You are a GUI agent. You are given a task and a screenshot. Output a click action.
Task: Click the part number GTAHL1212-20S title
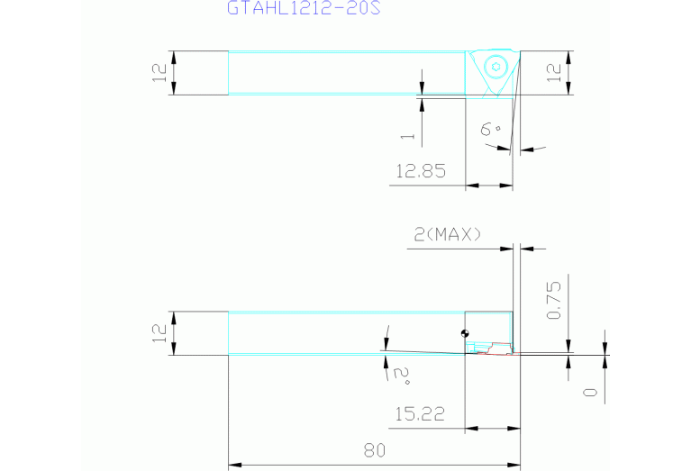pyautogui.click(x=304, y=7)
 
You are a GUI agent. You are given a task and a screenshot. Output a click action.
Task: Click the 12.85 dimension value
pyautogui.click(x=421, y=171)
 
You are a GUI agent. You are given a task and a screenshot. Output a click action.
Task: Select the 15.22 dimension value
pyautogui.click(x=420, y=413)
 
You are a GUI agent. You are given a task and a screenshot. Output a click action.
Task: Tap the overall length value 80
pyautogui.click(x=375, y=450)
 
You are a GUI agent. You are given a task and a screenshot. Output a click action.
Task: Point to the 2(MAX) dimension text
pyautogui.click(x=448, y=234)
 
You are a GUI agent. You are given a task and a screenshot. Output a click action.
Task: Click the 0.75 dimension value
pyautogui.click(x=554, y=300)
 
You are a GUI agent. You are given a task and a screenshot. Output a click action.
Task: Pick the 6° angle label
pyautogui.click(x=490, y=129)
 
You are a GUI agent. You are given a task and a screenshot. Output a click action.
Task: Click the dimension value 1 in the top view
pyautogui.click(x=407, y=136)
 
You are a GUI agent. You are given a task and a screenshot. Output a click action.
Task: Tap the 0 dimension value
pyautogui.click(x=590, y=392)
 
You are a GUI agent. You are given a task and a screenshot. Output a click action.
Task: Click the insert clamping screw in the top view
pyautogui.click(x=496, y=67)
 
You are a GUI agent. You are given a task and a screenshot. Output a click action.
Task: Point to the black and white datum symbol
pyautogui.click(x=465, y=333)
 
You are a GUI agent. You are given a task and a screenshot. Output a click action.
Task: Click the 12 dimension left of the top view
pyautogui.click(x=159, y=73)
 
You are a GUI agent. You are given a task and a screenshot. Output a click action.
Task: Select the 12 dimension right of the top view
pyautogui.click(x=554, y=73)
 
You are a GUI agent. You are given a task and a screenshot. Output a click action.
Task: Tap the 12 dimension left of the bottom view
pyautogui.click(x=159, y=333)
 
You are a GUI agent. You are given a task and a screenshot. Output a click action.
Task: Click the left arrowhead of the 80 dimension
pyautogui.click(x=235, y=465)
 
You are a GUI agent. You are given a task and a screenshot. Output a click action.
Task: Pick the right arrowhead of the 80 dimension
pyautogui.click(x=514, y=465)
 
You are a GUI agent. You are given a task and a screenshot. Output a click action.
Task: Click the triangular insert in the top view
pyautogui.click(x=493, y=73)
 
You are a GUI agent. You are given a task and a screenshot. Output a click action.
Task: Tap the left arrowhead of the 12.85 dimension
pyautogui.click(x=472, y=186)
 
